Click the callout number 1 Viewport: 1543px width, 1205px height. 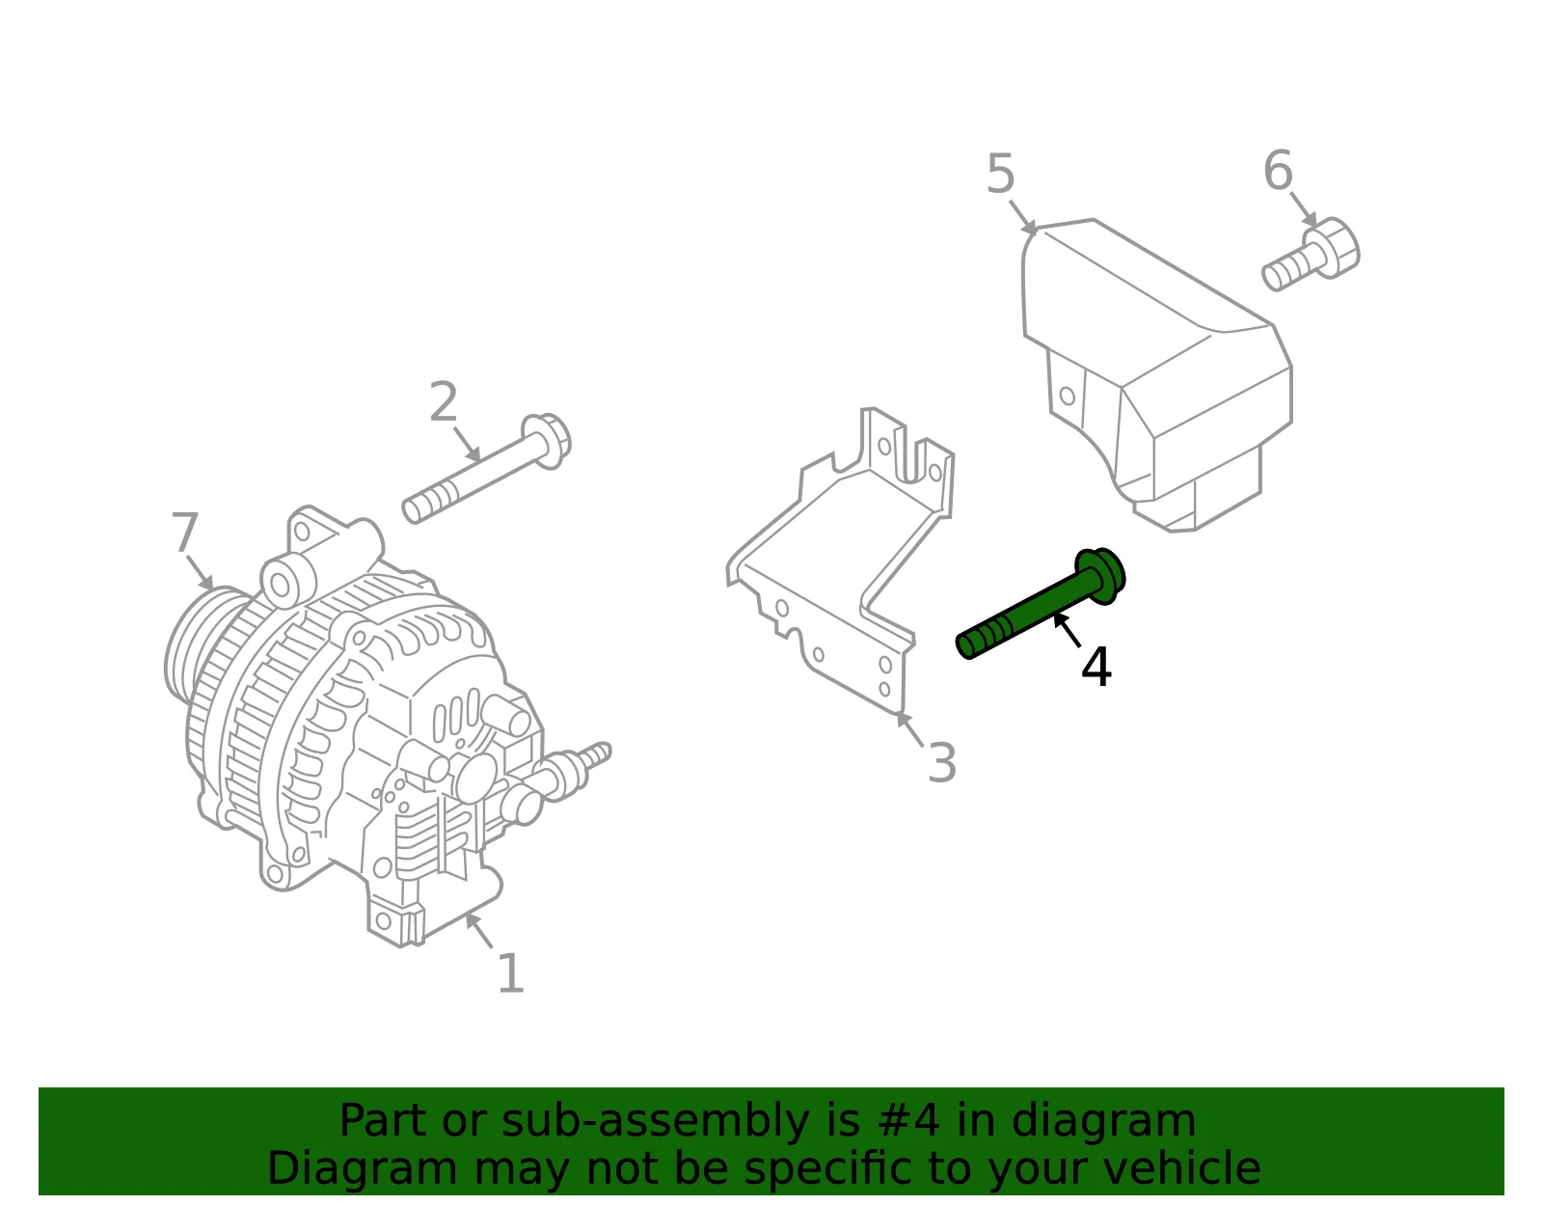pos(511,973)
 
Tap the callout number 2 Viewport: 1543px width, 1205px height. pos(443,402)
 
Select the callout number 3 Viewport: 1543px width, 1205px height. pos(942,762)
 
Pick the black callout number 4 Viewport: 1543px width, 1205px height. pos(1096,667)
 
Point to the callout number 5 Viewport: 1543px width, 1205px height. pos(1000,174)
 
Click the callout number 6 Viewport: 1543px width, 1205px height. pos(1278,171)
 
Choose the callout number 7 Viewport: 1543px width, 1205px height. pos(184,532)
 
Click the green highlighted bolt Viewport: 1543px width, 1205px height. pos(1041,604)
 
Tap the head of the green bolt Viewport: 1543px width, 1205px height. pos(1100,576)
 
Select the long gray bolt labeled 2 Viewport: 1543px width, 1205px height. pos(486,469)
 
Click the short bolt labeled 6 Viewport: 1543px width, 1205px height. pos(1311,254)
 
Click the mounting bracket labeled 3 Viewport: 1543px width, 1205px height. pos(842,561)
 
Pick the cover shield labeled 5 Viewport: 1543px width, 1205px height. pos(1157,375)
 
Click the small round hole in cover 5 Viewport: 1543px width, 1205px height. pos(1067,396)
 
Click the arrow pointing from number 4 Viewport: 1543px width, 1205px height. pos(1067,631)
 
